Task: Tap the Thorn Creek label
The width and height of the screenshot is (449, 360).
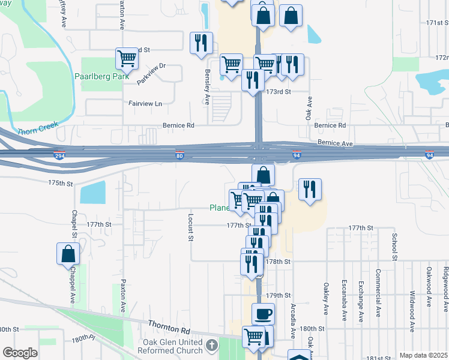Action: (x=37, y=128)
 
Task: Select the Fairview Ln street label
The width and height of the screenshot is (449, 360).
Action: (x=145, y=103)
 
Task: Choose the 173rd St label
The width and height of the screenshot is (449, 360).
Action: (x=279, y=92)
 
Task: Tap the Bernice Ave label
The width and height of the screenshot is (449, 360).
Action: (x=336, y=143)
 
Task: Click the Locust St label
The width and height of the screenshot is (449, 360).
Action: (x=190, y=227)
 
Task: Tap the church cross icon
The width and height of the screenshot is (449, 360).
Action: (x=212, y=345)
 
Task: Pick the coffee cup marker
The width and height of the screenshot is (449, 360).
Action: (x=262, y=314)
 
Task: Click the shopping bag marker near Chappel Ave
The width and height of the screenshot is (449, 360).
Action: (x=68, y=254)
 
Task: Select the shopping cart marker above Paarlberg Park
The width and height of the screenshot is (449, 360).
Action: (x=127, y=59)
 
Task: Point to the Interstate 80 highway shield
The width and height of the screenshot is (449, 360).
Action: (x=179, y=155)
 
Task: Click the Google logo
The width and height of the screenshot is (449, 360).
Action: (x=20, y=353)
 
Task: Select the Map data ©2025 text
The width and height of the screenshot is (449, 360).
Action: (x=423, y=355)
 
